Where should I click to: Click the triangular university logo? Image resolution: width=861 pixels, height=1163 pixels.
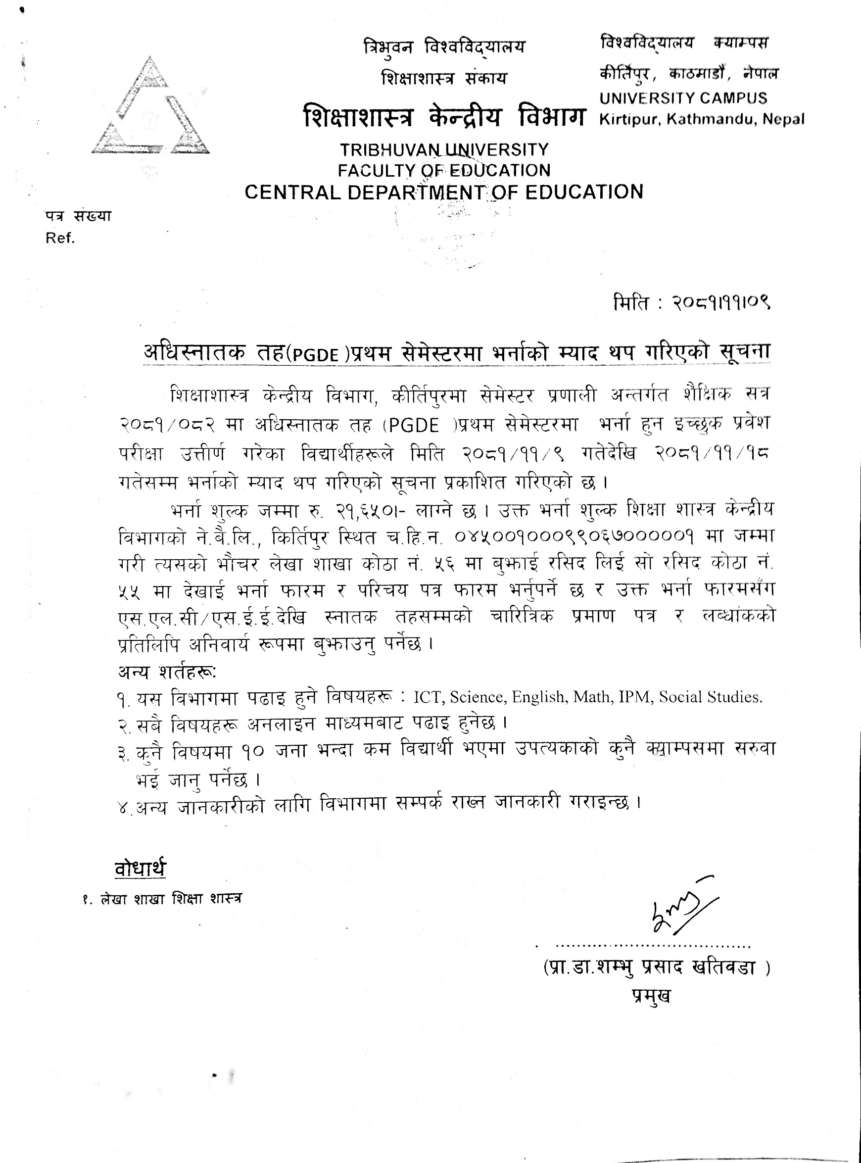click(x=150, y=107)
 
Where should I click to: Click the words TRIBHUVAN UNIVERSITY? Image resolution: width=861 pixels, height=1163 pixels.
click(x=444, y=149)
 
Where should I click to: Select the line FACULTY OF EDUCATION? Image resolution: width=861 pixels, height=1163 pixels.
click(x=444, y=170)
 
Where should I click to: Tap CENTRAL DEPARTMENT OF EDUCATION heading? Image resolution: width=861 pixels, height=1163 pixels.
click(x=444, y=192)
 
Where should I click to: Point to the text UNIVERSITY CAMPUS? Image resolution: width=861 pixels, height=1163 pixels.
click(x=683, y=98)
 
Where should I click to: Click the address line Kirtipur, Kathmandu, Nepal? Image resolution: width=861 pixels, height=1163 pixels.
click(x=702, y=119)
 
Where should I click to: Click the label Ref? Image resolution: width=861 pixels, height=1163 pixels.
click(x=60, y=238)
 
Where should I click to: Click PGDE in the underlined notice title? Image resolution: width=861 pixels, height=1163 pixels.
click(x=315, y=355)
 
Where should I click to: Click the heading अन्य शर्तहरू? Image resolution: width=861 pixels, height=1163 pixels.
click(x=167, y=672)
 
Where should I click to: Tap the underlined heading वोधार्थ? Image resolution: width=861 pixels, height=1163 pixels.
click(x=140, y=869)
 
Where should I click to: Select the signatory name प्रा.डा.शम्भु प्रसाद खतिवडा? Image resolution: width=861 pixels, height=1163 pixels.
click(x=656, y=968)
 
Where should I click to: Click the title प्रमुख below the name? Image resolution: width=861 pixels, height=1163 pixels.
click(x=652, y=996)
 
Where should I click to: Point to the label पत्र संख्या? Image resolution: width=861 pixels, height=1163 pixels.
click(x=78, y=216)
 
